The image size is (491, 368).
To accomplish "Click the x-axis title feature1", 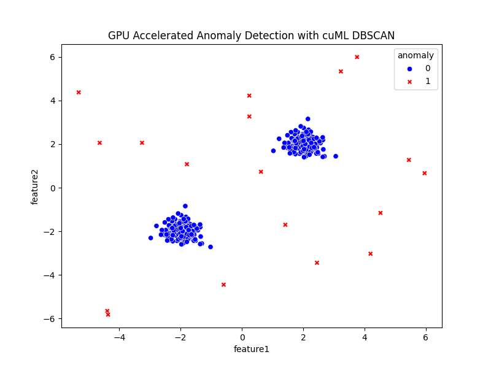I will [x=251, y=349].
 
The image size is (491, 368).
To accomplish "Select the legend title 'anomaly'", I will [x=416, y=55].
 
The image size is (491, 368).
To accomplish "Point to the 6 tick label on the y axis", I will [x=52, y=57].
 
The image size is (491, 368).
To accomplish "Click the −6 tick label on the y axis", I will [x=50, y=319].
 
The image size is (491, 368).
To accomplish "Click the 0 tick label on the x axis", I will [x=242, y=337].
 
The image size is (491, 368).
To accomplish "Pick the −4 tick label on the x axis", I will [x=119, y=337].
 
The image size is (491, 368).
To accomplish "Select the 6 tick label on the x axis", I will [x=425, y=337].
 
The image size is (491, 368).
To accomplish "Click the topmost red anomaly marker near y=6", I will [x=357, y=57].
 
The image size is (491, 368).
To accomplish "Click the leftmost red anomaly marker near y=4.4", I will [x=79, y=92].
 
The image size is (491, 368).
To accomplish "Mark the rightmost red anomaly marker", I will [x=424, y=173].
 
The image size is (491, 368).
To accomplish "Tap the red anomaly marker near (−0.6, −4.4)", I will [x=223, y=285].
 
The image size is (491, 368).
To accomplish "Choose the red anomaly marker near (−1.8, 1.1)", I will [x=187, y=164].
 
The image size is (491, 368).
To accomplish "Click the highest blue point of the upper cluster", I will [x=308, y=119].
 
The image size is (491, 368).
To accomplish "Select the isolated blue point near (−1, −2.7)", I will [x=211, y=247].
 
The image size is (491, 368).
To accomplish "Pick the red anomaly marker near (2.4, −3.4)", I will [x=317, y=263].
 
